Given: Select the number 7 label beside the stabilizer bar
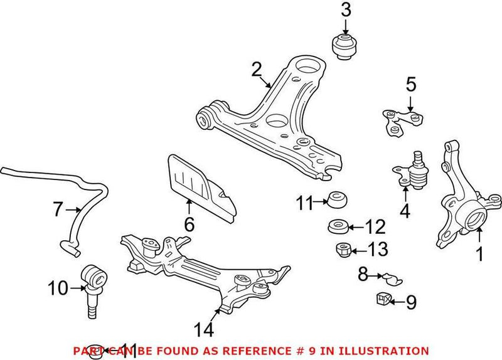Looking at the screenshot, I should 58,208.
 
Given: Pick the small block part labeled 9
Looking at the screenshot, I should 382,300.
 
